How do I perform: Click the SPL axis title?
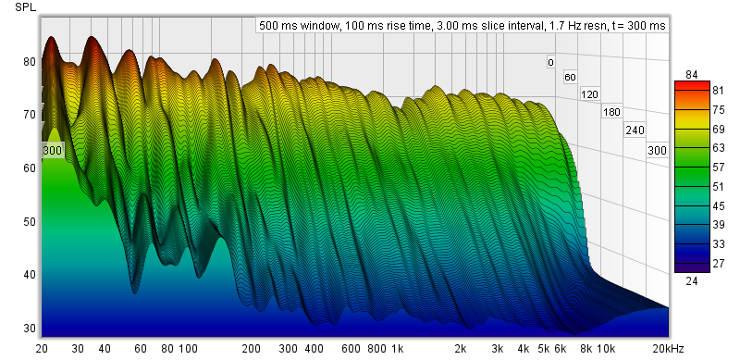click(x=26, y=7)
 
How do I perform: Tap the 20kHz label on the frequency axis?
click(x=667, y=349)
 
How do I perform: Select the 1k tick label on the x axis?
click(x=398, y=349)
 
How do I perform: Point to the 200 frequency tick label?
click(x=251, y=349)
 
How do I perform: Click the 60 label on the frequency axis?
click(x=141, y=349)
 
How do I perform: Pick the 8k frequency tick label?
click(x=586, y=349)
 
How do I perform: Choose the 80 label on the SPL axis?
click(x=30, y=62)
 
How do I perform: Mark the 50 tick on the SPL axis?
click(x=30, y=221)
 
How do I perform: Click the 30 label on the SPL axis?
click(x=30, y=328)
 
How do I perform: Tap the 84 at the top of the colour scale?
click(x=692, y=75)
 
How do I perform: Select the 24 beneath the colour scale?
click(x=692, y=281)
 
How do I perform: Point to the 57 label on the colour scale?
click(x=719, y=168)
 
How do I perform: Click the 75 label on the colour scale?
click(x=719, y=109)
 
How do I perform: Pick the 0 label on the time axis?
click(x=550, y=62)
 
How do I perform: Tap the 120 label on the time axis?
click(x=589, y=94)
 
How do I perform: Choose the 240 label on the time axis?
click(x=635, y=130)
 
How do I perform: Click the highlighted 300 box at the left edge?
click(x=52, y=151)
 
